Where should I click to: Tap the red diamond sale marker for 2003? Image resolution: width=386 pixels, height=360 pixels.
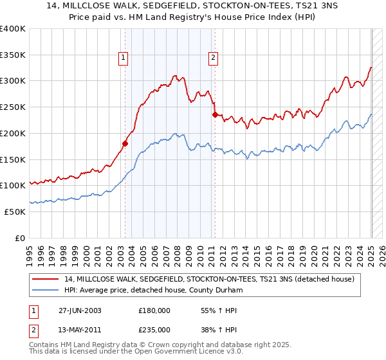click(x=125, y=144)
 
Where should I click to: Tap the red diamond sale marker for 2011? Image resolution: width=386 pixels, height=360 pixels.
click(x=215, y=115)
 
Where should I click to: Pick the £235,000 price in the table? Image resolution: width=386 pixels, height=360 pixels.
click(x=154, y=330)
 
